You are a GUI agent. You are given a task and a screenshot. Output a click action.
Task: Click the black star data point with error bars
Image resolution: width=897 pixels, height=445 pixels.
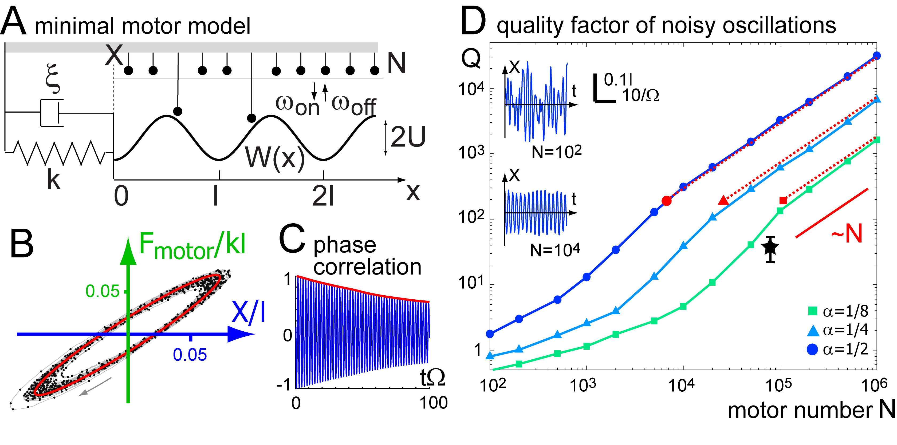coord(770,248)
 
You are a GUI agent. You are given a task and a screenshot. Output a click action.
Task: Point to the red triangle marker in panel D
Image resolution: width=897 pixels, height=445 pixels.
coord(723,200)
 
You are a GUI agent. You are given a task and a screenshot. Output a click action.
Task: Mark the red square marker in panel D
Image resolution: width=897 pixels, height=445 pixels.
coord(783,200)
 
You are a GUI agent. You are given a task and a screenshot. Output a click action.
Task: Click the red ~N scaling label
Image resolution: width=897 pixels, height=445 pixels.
coord(847,233)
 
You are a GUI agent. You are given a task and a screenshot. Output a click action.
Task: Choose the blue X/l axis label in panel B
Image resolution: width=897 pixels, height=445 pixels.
coord(248,312)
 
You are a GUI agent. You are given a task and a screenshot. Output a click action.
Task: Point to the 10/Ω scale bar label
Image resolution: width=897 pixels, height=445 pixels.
coord(640,95)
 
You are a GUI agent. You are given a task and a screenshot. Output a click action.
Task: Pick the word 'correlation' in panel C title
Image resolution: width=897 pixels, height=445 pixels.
coord(367,267)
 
